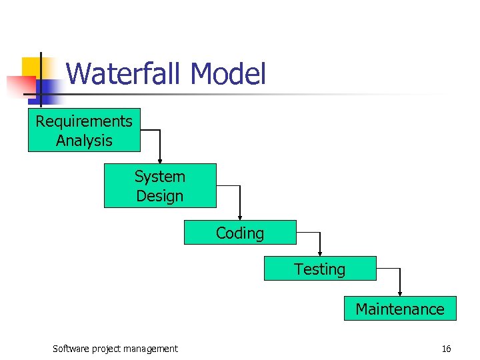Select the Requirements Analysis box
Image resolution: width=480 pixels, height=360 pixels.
pyautogui.click(x=84, y=131)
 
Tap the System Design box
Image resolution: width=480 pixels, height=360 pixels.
pyautogui.click(x=160, y=186)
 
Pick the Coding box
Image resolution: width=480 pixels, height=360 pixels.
pyautogui.click(x=240, y=233)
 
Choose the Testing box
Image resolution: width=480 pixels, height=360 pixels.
pyautogui.click(x=320, y=269)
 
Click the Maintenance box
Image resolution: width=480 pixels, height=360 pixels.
pyautogui.click(x=400, y=309)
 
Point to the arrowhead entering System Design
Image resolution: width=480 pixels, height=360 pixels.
pyautogui.click(x=160, y=160)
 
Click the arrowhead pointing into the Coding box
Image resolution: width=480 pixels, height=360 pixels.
pyautogui.click(x=240, y=217)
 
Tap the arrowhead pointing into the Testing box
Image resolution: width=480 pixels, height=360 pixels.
pyautogui.click(x=320, y=253)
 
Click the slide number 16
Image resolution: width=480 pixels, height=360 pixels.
pyautogui.click(x=446, y=349)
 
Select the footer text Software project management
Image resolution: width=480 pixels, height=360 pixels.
pyautogui.click(x=115, y=349)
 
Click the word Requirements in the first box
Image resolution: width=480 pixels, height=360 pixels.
pyautogui.click(x=84, y=121)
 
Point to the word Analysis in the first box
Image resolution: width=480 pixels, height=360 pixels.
pyautogui.click(x=84, y=141)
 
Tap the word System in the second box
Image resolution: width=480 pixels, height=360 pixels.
pyautogui.click(x=160, y=177)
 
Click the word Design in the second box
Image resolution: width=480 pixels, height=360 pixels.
pyautogui.click(x=160, y=196)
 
